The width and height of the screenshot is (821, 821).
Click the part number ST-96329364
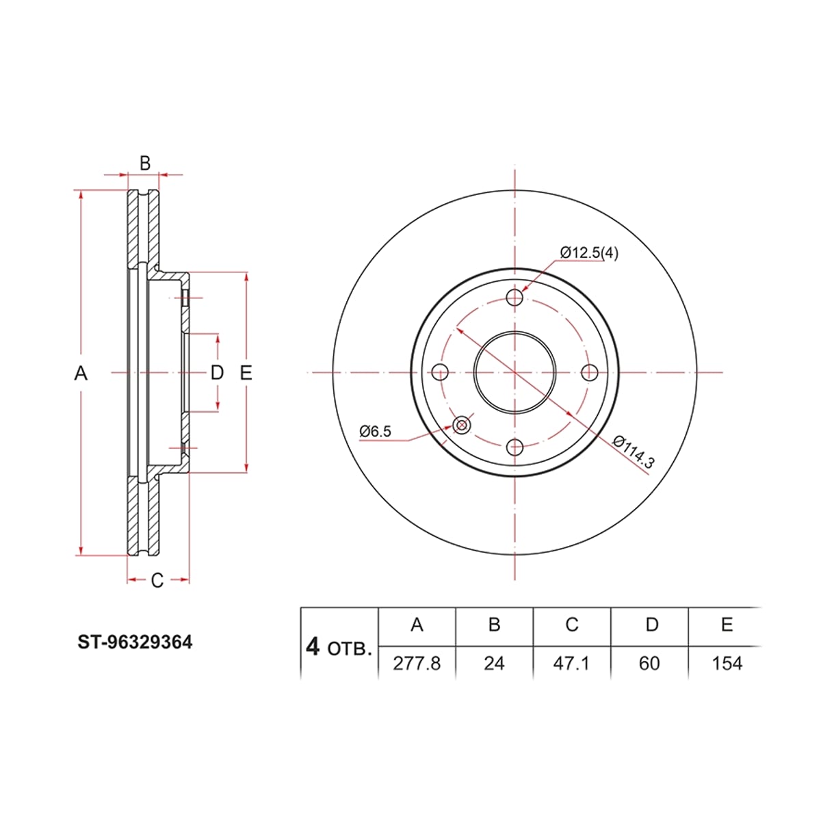pos(135,642)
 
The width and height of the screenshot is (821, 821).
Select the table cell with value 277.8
pos(416,664)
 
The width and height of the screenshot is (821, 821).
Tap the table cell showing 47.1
pos(571,664)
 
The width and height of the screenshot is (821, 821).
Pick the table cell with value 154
pos(727,664)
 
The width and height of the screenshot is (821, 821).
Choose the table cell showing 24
pos(494,664)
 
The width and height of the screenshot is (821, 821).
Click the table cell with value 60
pos(649,664)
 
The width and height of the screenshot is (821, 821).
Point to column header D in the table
pos(652,625)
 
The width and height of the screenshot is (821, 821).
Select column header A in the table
pos(417,625)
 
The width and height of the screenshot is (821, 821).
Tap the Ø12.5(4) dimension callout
pos(589,252)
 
